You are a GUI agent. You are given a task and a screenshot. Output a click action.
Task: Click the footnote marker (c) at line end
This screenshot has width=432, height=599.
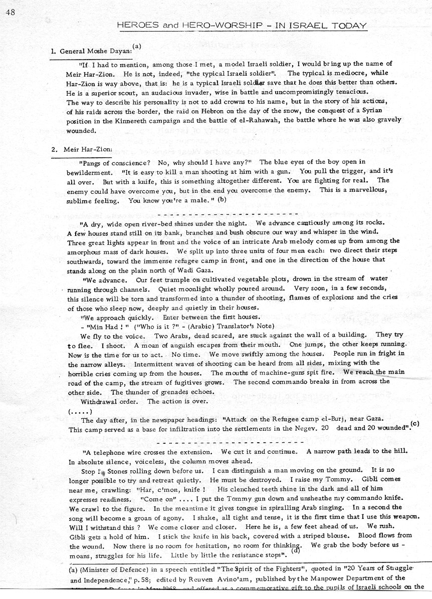414,425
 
